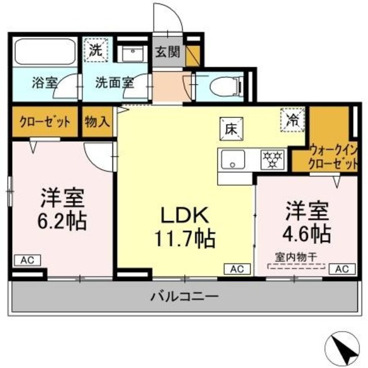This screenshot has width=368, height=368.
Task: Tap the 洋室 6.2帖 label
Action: pyautogui.click(x=63, y=208)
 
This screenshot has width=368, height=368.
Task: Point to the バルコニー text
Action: pyautogui.click(x=185, y=297)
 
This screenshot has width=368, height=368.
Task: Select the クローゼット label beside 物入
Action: pyautogui.click(x=45, y=122)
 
